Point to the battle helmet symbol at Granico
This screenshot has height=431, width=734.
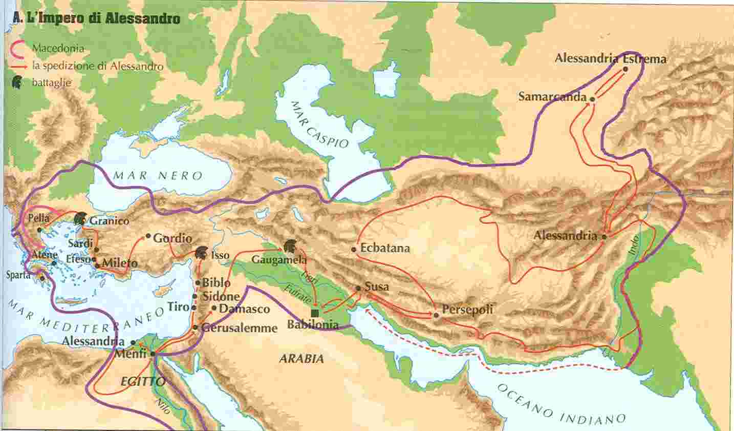80,219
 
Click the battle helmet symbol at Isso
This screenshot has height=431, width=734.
202,253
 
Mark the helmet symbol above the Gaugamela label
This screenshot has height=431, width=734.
290,247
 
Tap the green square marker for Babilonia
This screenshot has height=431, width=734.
315,313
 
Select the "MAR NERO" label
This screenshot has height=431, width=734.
158,175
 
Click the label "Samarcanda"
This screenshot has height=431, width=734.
552,96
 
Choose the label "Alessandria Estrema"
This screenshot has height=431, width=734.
610,58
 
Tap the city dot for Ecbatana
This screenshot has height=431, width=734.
354,249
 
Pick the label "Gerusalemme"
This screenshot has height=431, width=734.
240,327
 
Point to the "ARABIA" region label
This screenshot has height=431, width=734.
301,359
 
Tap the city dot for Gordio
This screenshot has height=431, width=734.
148,236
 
